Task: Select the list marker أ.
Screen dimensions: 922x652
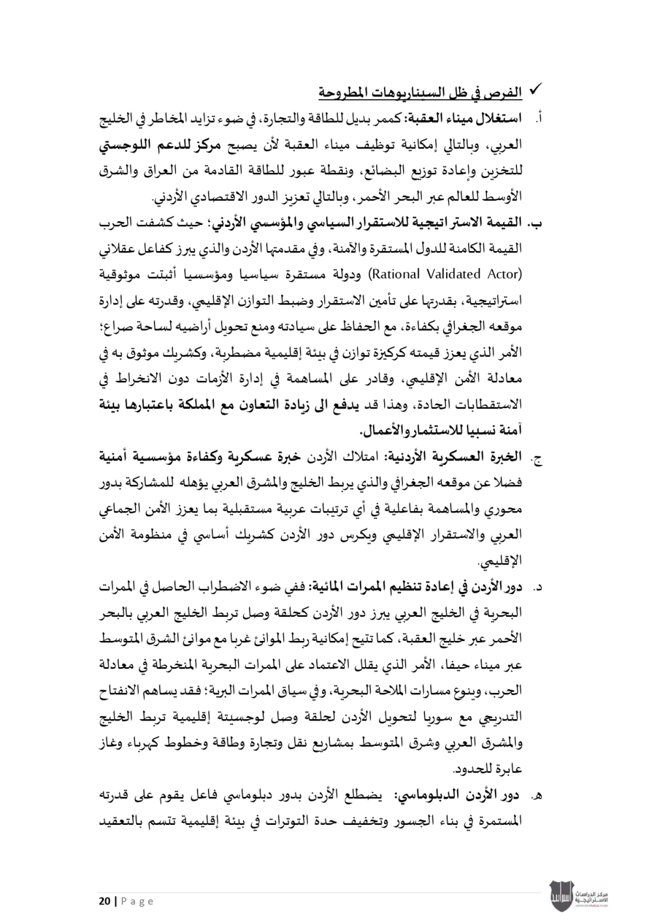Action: pyautogui.click(x=539, y=120)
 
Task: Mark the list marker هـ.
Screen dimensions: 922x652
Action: pyautogui.click(x=538, y=795)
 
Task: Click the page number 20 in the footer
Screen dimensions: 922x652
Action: pyautogui.click(x=104, y=901)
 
